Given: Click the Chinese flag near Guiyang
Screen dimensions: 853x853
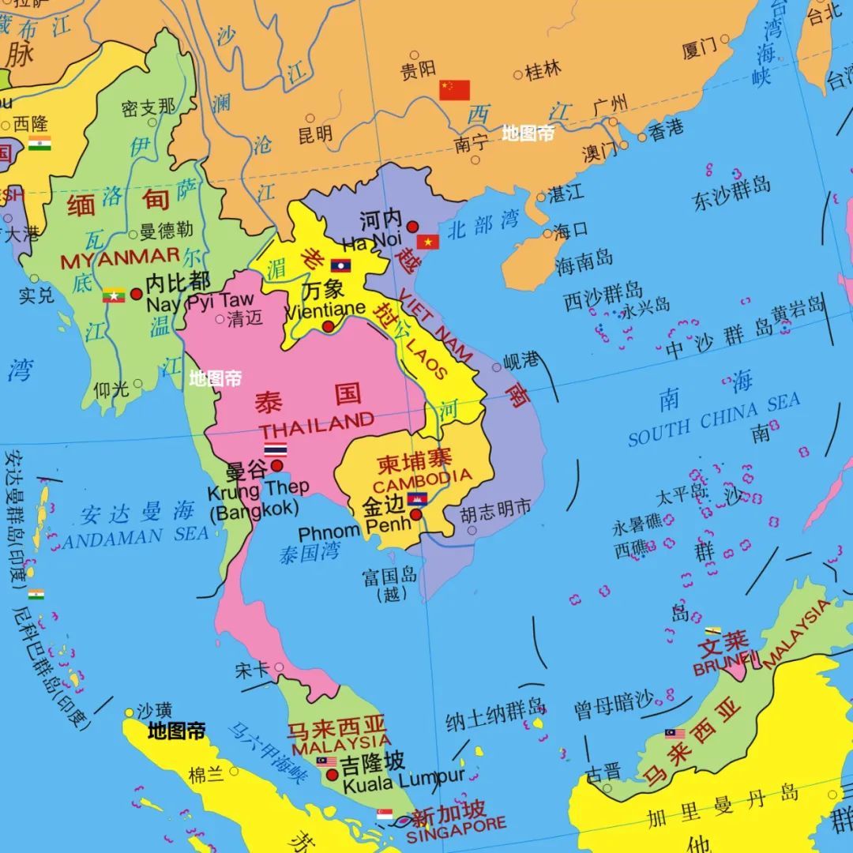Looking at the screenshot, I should (454, 90).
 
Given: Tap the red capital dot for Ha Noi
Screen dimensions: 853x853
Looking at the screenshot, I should (412, 227).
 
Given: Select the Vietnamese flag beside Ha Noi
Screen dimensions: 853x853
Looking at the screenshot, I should (428, 242).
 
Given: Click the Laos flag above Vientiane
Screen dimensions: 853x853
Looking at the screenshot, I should (340, 265).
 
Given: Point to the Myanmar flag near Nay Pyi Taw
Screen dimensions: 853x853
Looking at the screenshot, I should (114, 295).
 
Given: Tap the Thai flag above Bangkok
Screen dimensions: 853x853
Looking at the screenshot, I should (276, 449).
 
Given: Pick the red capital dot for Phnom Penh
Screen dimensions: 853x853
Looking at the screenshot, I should (416, 515).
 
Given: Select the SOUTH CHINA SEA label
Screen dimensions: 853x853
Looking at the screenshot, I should (714, 420).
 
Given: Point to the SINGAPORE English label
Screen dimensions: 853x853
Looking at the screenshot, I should (456, 828).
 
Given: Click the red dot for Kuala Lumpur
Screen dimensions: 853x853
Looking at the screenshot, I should (332, 775).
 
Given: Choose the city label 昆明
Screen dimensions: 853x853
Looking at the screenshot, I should (315, 135).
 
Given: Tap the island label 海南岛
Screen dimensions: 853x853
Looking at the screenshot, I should (584, 261).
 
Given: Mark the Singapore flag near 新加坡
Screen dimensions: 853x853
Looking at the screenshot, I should (385, 814).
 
